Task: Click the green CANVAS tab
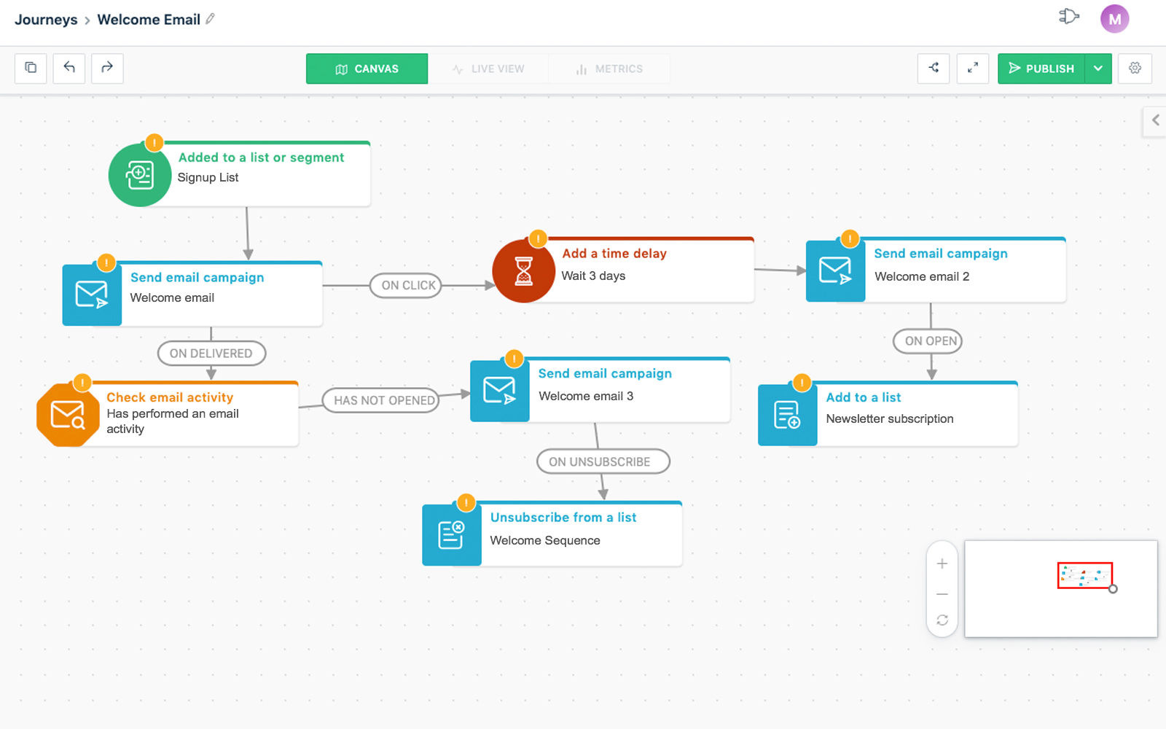(367, 69)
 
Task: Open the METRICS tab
(609, 69)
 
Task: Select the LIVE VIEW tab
(488, 69)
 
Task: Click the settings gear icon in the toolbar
(1135, 69)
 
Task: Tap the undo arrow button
(69, 69)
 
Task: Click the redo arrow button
(107, 69)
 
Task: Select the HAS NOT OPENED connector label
(381, 400)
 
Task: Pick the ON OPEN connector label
(928, 341)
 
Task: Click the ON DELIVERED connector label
(211, 353)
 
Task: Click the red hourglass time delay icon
(524, 270)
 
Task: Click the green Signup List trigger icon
(139, 175)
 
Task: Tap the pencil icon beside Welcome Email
(210, 19)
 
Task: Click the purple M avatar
(1114, 19)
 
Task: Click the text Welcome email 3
(586, 397)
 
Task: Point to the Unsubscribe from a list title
(563, 518)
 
